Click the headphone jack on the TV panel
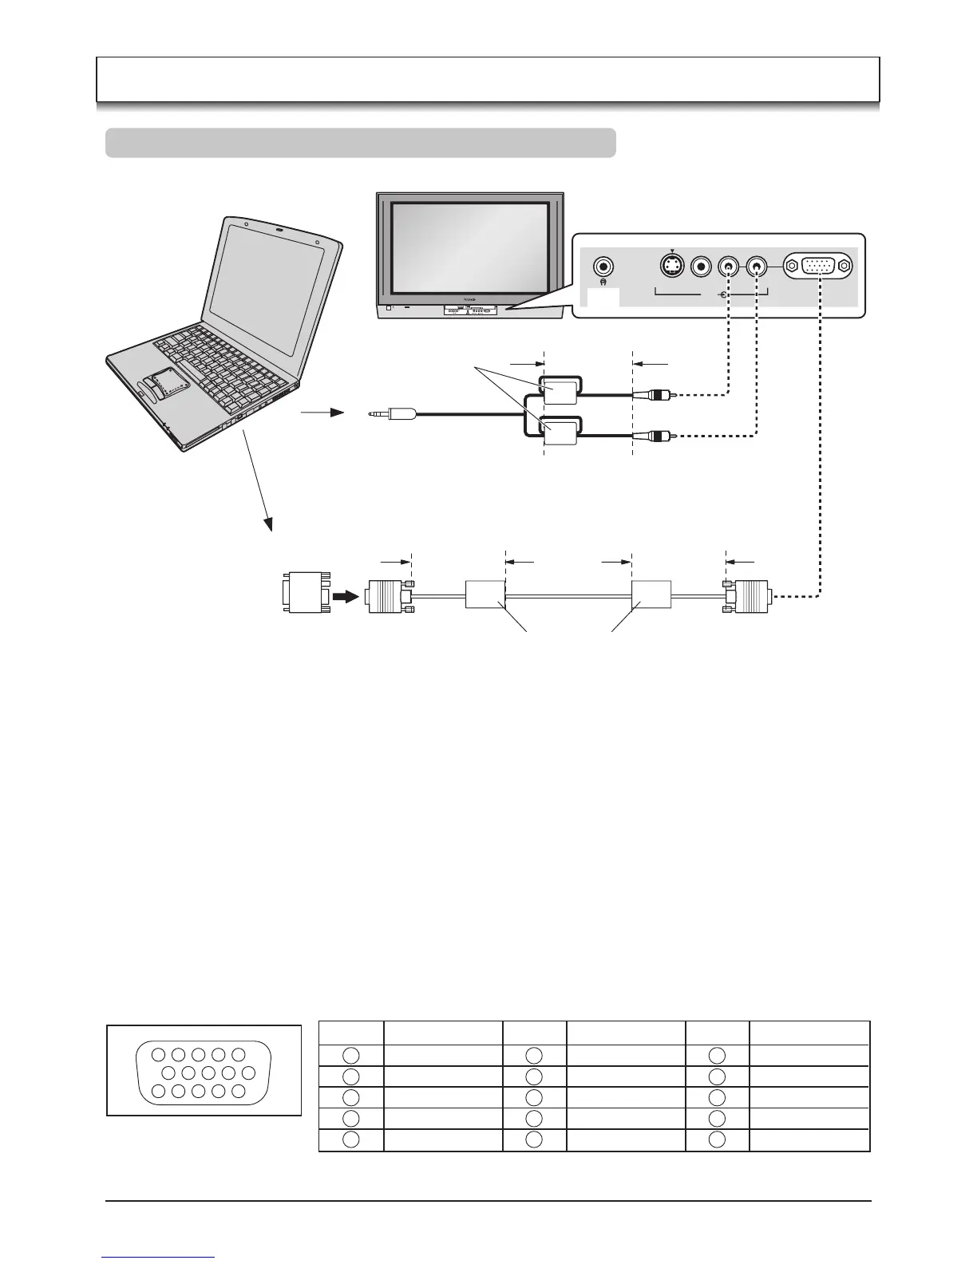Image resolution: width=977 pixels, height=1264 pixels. tap(604, 266)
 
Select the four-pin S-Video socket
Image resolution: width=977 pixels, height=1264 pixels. tap(673, 266)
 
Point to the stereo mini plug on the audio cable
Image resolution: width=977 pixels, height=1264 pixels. tap(392, 414)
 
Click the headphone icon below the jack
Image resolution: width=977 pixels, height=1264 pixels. tap(603, 282)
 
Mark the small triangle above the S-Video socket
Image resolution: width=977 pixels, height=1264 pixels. tap(673, 249)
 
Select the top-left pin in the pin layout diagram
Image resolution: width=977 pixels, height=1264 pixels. tap(158, 1055)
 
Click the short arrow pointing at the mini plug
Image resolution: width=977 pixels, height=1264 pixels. tap(322, 413)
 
